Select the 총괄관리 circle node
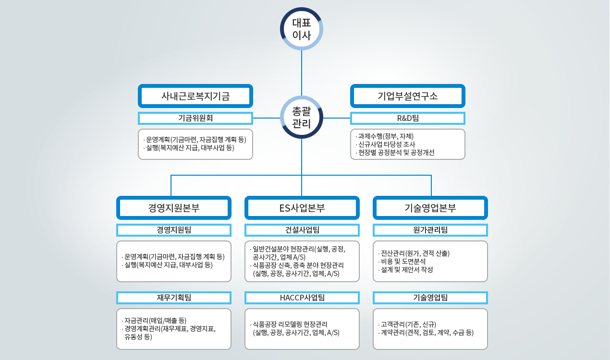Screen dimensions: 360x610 [x=302, y=118]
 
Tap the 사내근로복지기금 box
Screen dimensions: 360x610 [x=195, y=96]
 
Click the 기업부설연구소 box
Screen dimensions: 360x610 [x=408, y=96]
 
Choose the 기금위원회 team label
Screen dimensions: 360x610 [x=195, y=118]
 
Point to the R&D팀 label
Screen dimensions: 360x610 [x=408, y=118]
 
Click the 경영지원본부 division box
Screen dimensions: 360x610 [x=174, y=208]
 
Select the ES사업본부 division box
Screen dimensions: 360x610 [x=302, y=208]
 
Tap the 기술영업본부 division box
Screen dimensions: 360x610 [x=430, y=208]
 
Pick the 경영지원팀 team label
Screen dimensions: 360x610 [x=174, y=230]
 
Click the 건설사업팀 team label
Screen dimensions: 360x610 [x=302, y=230]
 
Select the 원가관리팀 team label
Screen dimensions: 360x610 [x=430, y=230]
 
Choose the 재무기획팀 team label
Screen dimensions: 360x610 [x=174, y=298]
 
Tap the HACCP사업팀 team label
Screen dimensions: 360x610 [x=302, y=298]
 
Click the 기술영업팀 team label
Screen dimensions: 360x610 [x=430, y=298]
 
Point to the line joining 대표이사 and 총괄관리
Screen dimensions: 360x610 [x=302, y=72]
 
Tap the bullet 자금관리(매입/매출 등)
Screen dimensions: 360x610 [x=155, y=320]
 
